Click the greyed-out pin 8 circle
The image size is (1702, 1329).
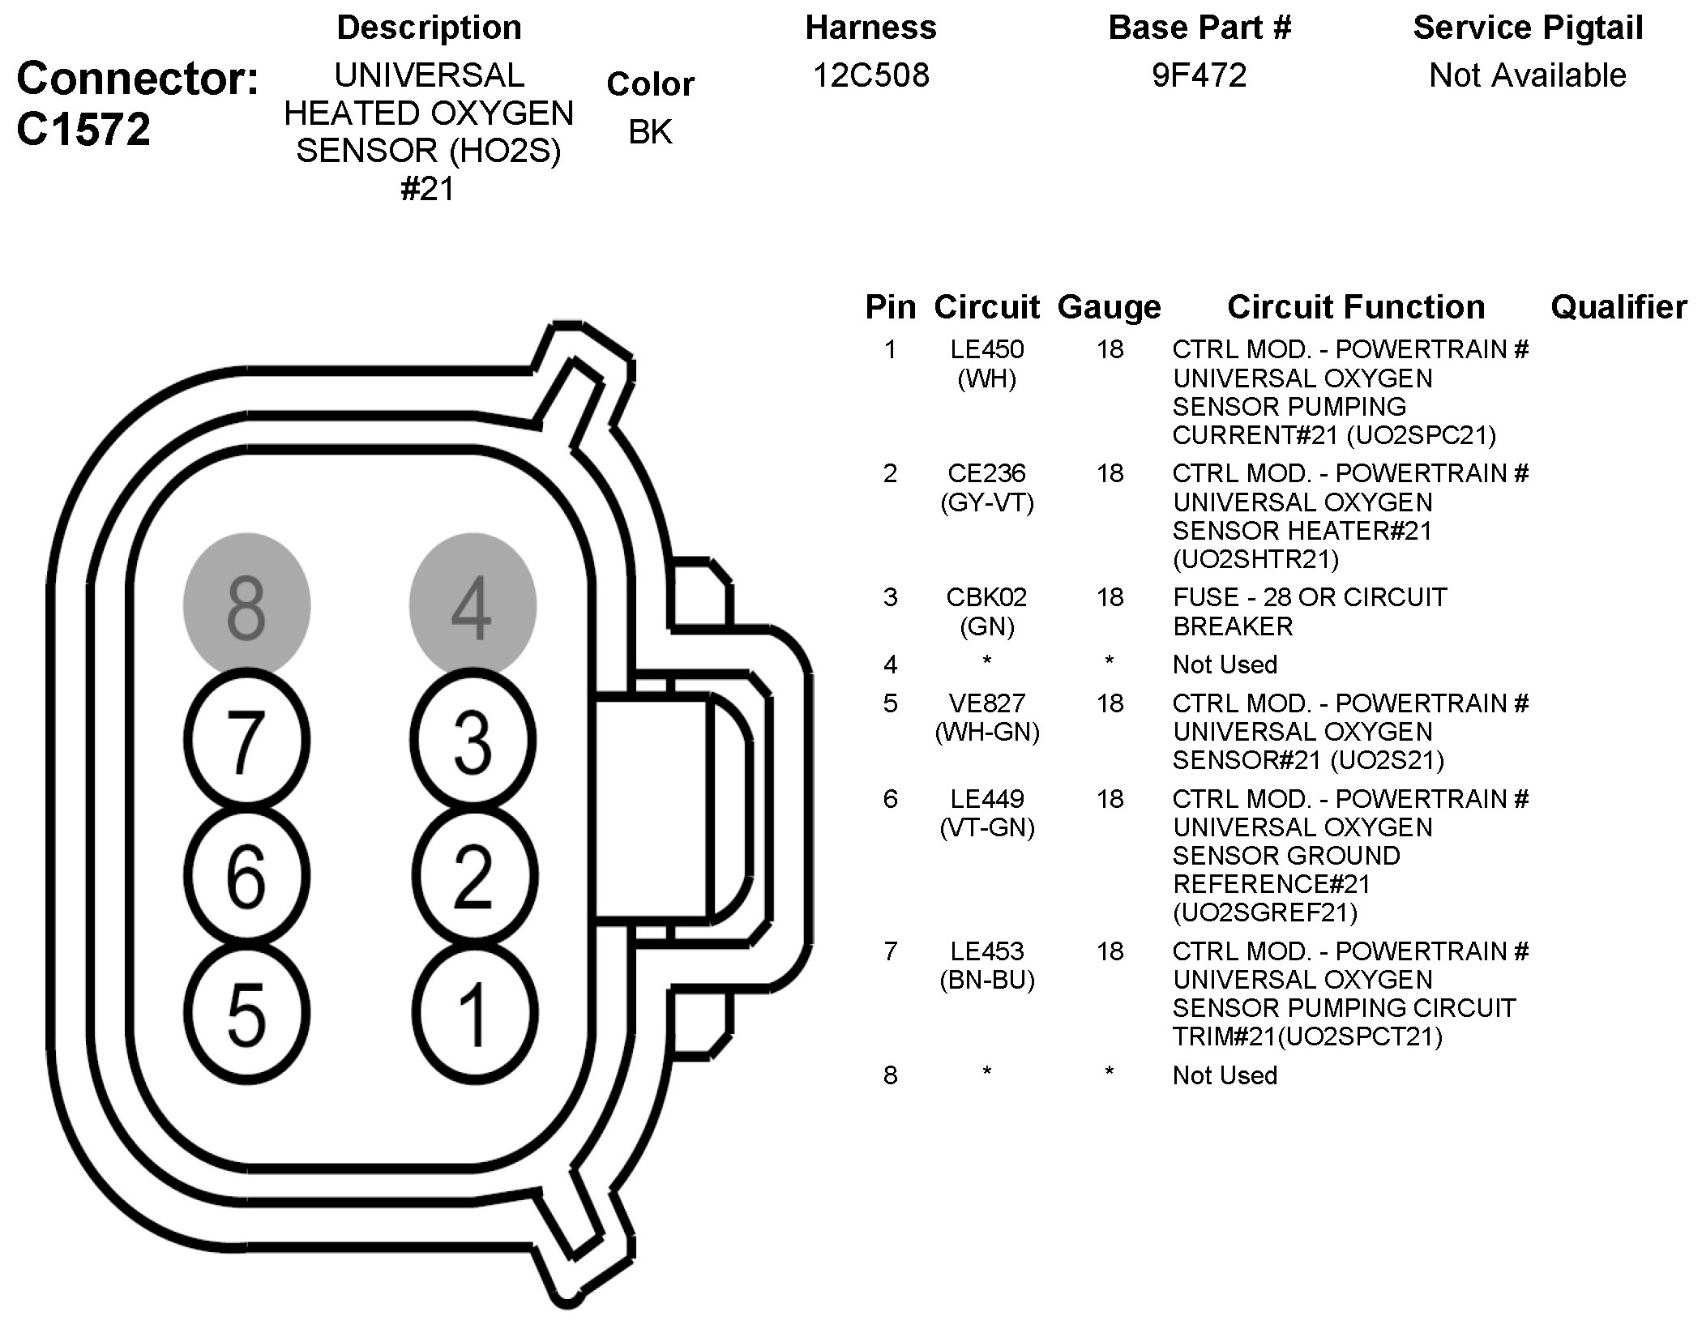(x=246, y=605)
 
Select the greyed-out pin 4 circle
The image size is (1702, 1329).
(x=473, y=605)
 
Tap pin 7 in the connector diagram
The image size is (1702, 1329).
(x=246, y=741)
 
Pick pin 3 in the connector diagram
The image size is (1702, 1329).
(x=473, y=741)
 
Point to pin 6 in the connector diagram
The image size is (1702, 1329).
(x=246, y=876)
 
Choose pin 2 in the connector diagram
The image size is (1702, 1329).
(x=473, y=876)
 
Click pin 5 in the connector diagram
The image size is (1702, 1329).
(x=246, y=1013)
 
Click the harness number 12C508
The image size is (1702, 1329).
(x=870, y=75)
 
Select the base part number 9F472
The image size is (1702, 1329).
(x=1199, y=75)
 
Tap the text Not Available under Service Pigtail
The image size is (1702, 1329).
(x=1527, y=75)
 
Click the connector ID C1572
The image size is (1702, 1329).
(x=83, y=129)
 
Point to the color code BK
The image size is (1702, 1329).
(x=650, y=132)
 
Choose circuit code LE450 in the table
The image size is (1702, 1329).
(x=986, y=349)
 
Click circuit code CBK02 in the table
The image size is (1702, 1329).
(x=986, y=597)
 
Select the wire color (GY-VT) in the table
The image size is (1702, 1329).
(x=986, y=503)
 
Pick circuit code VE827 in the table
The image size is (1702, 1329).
(x=986, y=703)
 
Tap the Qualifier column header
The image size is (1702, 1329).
(x=1618, y=307)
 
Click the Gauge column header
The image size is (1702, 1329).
(x=1109, y=307)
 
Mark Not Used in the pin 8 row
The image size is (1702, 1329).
(x=1224, y=1075)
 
